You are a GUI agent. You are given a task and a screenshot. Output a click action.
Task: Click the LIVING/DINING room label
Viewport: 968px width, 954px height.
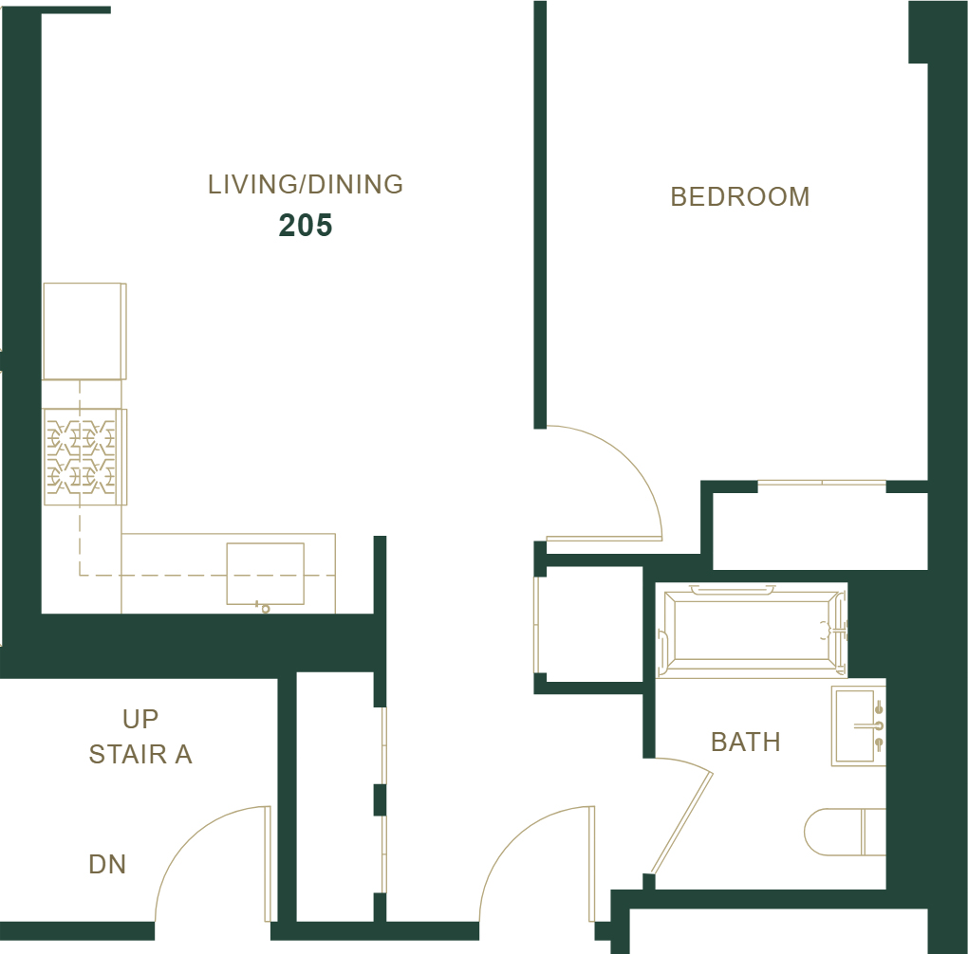point(306,185)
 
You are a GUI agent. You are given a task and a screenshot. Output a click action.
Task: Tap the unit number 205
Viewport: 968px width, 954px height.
point(306,226)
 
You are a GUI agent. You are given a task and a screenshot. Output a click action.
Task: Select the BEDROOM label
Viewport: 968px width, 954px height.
point(740,197)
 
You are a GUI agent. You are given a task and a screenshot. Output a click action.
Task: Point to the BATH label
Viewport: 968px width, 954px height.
point(746,742)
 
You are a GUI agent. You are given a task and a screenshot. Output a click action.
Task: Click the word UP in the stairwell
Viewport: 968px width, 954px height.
point(140,719)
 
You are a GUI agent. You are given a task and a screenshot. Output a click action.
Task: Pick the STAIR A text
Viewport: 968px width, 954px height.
point(140,754)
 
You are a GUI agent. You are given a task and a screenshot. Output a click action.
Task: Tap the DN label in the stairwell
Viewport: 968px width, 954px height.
point(107,865)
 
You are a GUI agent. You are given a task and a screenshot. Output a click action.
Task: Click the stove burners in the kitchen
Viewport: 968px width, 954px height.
point(82,457)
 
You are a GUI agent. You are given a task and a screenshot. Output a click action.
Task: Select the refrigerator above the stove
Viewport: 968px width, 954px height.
point(84,331)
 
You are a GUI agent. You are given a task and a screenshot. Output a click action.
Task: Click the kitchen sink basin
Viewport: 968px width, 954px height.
point(266,574)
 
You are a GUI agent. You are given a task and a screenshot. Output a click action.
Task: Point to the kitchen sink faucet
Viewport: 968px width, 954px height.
point(263,607)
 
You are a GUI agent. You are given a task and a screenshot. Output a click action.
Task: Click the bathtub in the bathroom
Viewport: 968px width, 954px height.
point(752,630)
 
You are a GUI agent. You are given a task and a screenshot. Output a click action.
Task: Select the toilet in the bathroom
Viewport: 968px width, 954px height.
point(846,832)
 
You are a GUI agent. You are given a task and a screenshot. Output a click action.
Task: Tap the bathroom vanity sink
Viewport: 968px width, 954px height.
point(859,725)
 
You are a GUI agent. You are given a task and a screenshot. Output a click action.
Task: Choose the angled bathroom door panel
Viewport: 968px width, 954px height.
point(682,823)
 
